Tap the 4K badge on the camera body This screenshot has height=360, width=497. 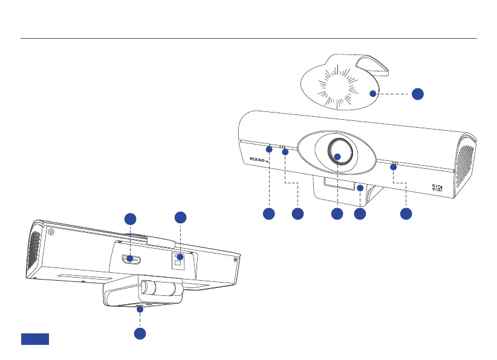click(x=438, y=188)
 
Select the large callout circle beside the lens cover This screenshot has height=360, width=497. click(x=417, y=93)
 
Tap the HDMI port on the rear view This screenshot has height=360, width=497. click(x=131, y=259)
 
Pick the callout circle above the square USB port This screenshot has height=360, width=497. click(x=180, y=217)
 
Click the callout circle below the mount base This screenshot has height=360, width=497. click(x=140, y=333)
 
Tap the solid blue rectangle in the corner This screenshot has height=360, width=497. click(x=35, y=339)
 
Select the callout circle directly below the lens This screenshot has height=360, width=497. click(x=337, y=214)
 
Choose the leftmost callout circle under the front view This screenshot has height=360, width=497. click(x=269, y=214)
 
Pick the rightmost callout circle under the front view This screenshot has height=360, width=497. click(x=407, y=214)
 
